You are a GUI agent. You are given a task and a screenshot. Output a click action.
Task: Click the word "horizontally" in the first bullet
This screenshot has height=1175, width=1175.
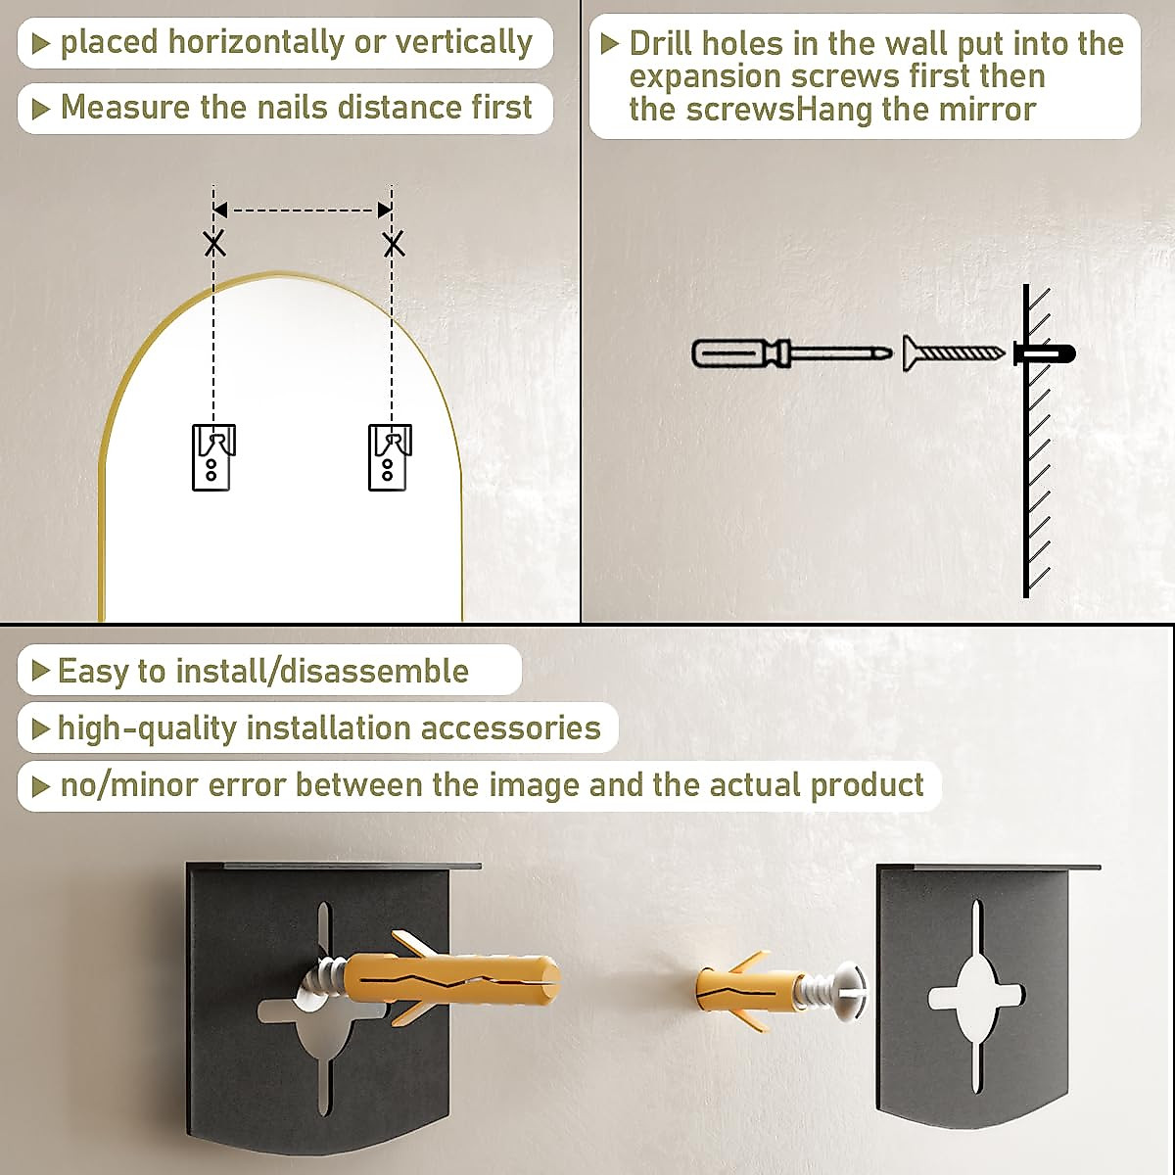pos(256,43)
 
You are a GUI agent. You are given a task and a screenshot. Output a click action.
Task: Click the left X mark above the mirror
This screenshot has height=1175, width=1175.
pos(214,243)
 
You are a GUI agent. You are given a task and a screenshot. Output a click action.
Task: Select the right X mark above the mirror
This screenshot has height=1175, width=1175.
pos(393,243)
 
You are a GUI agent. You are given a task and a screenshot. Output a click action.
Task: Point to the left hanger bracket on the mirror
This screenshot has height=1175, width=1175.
pos(212,456)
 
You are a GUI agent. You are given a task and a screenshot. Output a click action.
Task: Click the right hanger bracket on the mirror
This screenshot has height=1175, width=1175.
pos(389,456)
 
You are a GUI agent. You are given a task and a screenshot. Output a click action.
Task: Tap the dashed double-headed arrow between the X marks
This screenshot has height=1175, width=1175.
pos(303,210)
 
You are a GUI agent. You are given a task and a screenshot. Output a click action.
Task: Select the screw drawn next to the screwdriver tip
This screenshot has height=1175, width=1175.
pos(952,352)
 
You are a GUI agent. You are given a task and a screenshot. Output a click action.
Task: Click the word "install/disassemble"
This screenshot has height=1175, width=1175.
pos(322,672)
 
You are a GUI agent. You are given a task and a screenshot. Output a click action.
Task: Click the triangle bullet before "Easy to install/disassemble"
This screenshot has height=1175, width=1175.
pos(40,671)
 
